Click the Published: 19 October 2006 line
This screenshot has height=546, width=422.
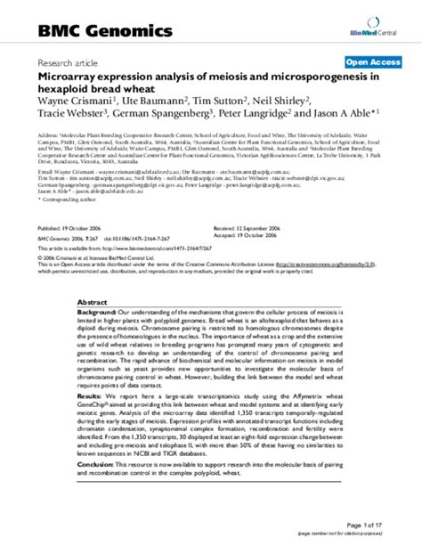[71, 228]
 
